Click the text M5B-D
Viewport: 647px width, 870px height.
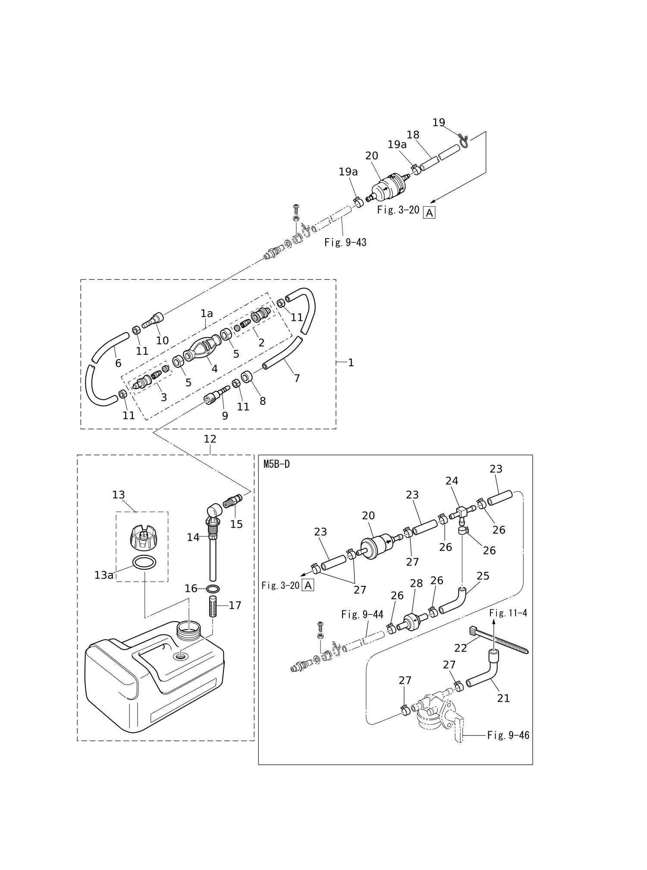pos(276,464)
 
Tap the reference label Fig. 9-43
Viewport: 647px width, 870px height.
pos(345,242)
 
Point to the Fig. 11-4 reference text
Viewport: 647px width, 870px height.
pos(508,613)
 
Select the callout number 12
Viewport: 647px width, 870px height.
pos(210,439)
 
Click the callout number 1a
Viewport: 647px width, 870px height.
pos(207,313)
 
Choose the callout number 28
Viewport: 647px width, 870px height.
pos(416,583)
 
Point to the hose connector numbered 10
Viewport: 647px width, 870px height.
pos(153,321)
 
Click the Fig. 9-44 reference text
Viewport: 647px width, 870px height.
pos(362,614)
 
